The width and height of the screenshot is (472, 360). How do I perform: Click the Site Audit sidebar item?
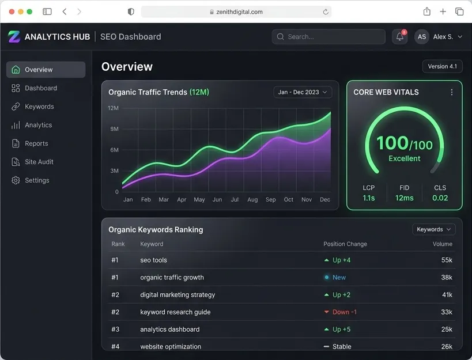[32, 162]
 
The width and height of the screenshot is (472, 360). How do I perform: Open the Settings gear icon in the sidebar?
[16, 180]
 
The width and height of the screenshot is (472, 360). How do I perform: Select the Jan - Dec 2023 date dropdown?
[303, 92]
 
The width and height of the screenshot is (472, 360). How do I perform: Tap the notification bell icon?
[400, 37]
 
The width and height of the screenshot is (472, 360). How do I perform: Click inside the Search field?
[328, 37]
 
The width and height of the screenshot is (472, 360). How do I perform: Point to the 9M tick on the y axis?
[114, 129]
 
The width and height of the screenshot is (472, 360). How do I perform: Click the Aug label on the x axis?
[252, 199]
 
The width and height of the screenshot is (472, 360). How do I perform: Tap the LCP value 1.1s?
[369, 198]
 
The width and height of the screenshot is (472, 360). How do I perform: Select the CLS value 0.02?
[440, 198]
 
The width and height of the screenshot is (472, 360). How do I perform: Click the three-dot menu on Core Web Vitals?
[451, 92]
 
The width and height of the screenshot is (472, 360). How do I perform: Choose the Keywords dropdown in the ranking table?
[434, 229]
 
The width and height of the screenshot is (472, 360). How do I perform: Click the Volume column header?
[443, 244]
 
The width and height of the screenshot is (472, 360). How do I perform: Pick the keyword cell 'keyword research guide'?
[175, 312]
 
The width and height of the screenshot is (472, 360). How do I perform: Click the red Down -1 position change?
[341, 312]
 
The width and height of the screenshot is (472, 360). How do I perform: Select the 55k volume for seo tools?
[447, 260]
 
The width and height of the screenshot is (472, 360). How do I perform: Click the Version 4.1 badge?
[443, 66]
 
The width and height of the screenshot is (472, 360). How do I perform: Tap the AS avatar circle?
[422, 37]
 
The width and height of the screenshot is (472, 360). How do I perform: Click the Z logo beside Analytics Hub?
[14, 37]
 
